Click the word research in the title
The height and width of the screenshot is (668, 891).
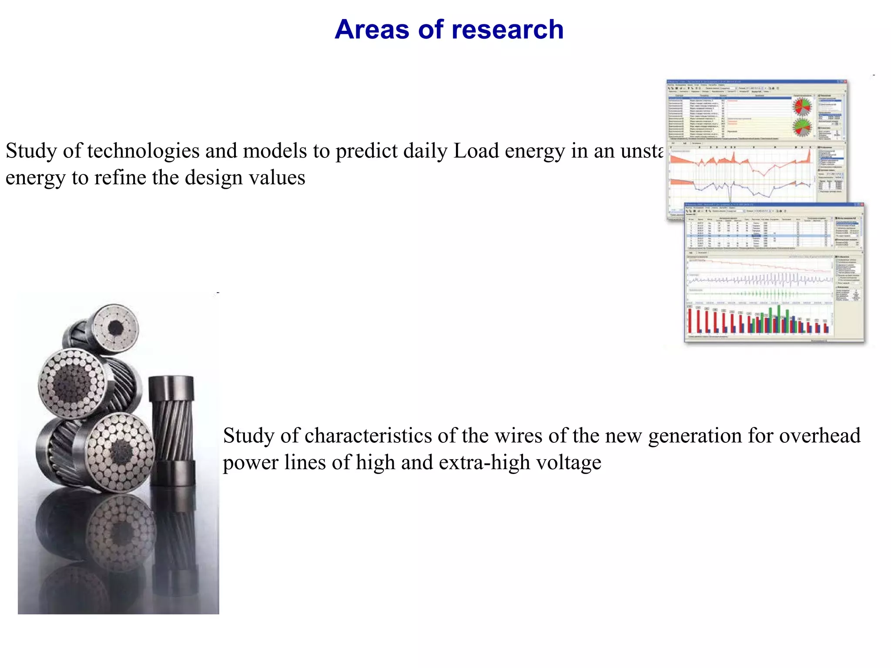507,30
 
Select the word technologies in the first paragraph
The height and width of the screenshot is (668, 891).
143,151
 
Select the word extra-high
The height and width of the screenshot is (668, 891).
484,462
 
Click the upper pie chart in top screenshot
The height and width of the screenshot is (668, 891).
801,106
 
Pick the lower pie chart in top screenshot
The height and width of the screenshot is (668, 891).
801,127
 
